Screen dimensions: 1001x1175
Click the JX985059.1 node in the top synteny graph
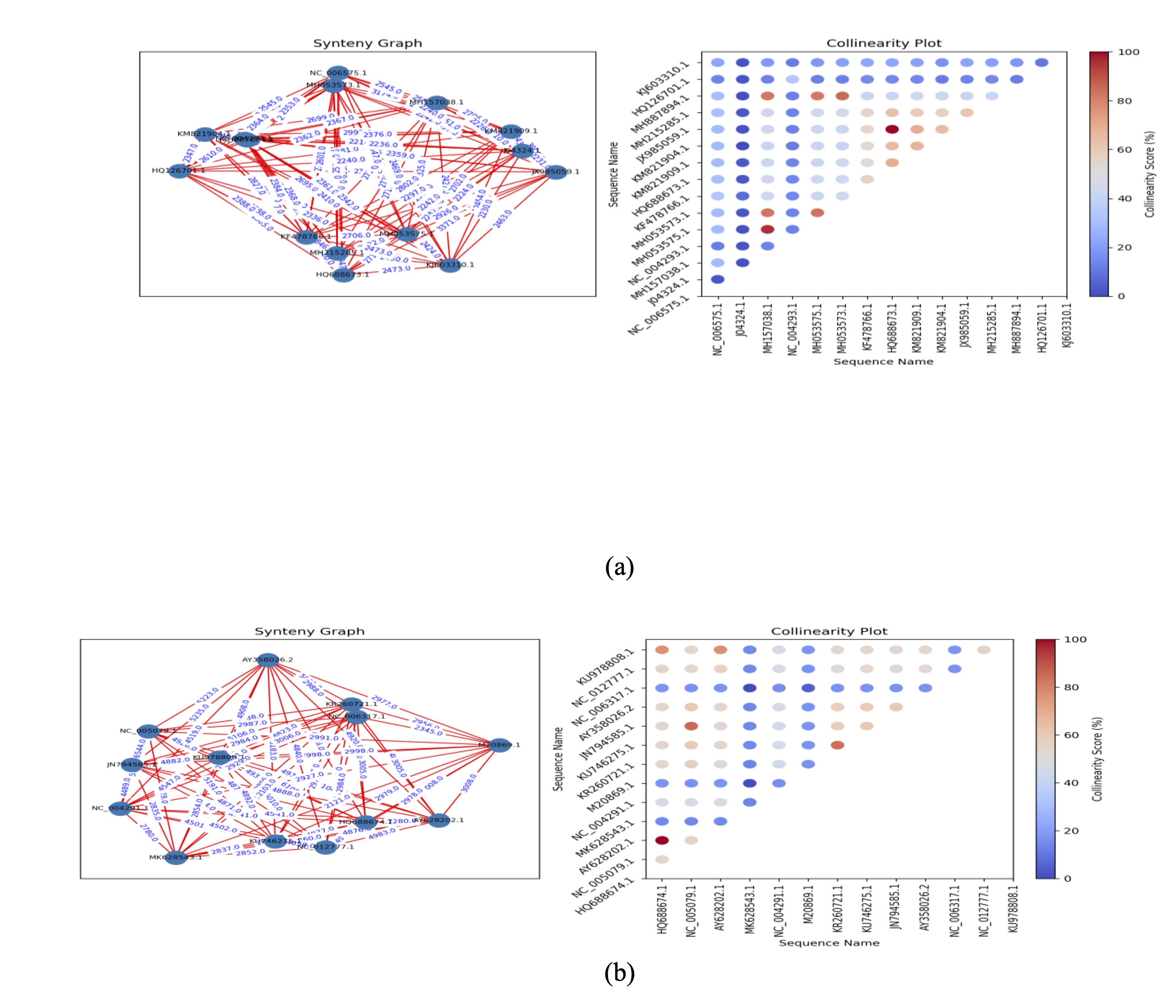pyautogui.click(x=556, y=171)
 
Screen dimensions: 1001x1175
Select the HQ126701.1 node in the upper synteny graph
pyautogui.click(x=178, y=170)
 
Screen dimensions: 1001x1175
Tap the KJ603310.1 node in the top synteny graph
pyautogui.click(x=450, y=264)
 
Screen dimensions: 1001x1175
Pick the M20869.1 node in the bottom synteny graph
pyautogui.click(x=499, y=745)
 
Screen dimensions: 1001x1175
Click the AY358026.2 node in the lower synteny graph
pyautogui.click(x=268, y=660)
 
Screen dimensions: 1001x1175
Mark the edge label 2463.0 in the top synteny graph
pyautogui.click(x=502, y=219)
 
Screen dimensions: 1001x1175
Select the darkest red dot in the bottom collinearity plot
pyautogui.click(x=662, y=840)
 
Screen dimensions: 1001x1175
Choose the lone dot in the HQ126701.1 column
pyautogui.click(x=1041, y=63)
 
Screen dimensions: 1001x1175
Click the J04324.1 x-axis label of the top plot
pyautogui.click(x=742, y=320)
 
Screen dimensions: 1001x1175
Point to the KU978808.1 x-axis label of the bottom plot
pyautogui.click(x=1013, y=908)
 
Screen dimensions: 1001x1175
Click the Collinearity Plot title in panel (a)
pyautogui.click(x=884, y=43)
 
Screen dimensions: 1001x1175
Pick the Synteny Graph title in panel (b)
pyautogui.click(x=310, y=631)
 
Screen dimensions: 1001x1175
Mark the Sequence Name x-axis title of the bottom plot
pyautogui.click(x=829, y=943)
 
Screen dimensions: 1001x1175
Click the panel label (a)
pyautogui.click(x=619, y=567)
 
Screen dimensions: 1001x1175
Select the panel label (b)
pyautogui.click(x=619, y=973)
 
